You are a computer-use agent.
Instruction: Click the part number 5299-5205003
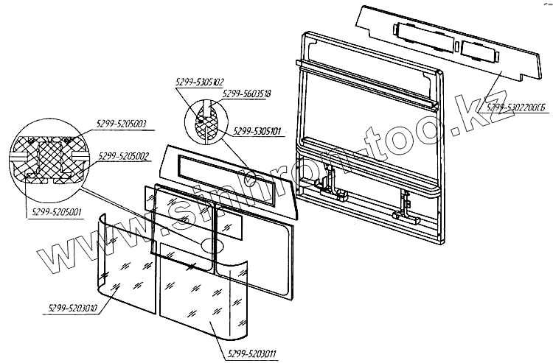(x=122, y=122)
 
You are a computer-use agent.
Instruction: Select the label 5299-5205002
(x=122, y=156)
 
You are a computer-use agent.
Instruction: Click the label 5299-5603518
(x=246, y=94)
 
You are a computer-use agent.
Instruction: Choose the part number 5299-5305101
(x=257, y=132)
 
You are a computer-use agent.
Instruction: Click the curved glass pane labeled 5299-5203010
(x=125, y=269)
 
